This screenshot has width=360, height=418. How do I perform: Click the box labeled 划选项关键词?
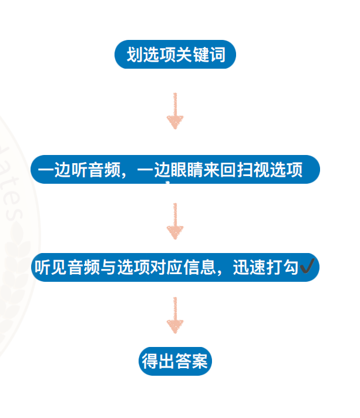coord(175,56)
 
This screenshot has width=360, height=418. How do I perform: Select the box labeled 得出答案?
coord(174,360)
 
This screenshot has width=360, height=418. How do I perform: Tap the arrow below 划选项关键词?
coord(174,111)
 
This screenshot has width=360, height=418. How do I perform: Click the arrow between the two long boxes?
coord(174,221)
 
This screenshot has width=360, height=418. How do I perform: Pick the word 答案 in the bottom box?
coord(191,360)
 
